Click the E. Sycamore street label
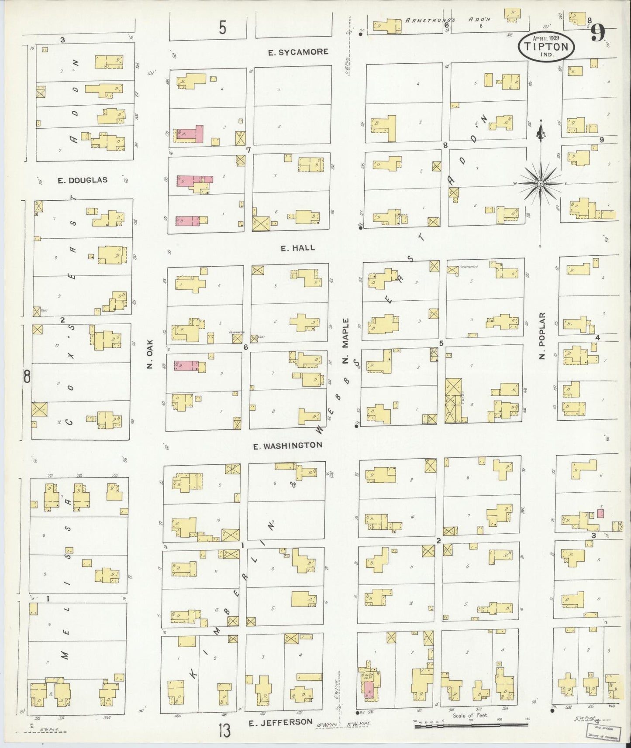[298, 52]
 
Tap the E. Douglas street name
[83, 180]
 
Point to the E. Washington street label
[288, 446]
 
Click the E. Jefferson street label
[281, 722]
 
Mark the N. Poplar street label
[542, 336]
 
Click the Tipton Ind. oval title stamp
[547, 47]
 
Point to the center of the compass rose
[541, 184]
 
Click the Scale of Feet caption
[469, 715]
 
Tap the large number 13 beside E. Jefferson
[224, 730]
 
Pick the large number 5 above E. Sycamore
[223, 29]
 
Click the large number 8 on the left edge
[27, 376]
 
